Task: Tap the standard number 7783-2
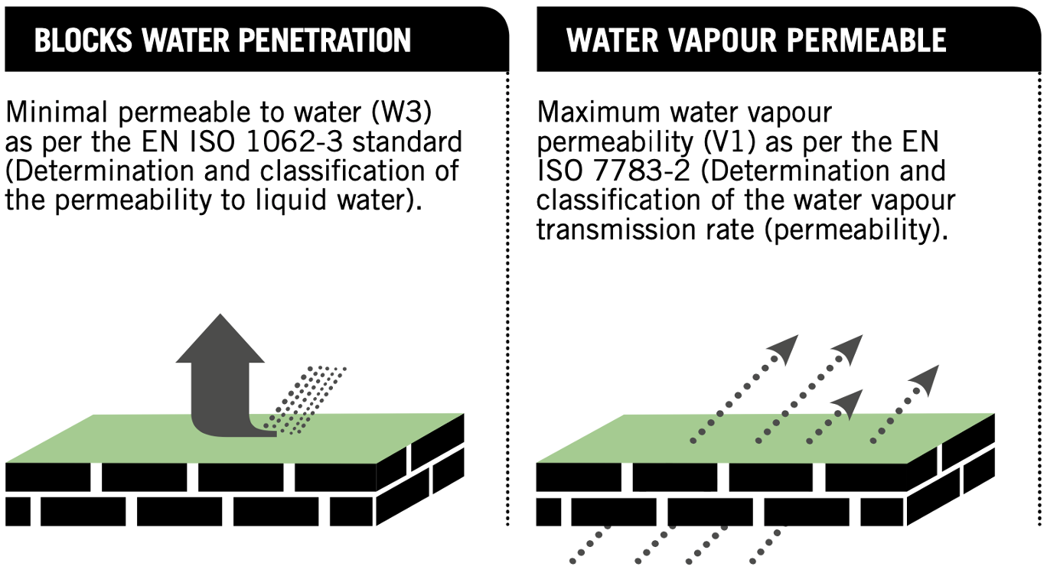tap(634, 170)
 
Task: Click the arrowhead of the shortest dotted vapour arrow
tap(852, 401)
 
